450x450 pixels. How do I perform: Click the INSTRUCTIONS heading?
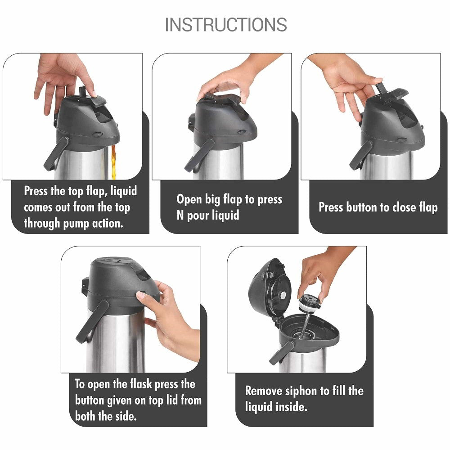[x=226, y=24]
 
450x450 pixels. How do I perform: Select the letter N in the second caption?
[x=180, y=215]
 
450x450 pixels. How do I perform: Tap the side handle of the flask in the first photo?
[x=56, y=153]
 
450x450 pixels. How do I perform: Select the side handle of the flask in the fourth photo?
[x=92, y=321]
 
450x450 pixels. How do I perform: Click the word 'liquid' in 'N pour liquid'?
[x=225, y=215]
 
